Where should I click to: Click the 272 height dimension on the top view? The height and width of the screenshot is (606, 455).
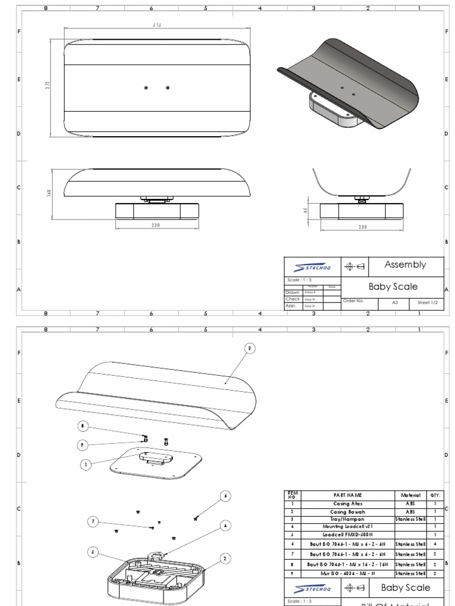click(48, 85)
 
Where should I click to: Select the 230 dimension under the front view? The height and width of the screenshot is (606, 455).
click(156, 225)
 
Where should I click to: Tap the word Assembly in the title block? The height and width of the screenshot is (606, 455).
click(405, 265)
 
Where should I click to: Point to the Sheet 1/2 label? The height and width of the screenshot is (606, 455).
click(430, 302)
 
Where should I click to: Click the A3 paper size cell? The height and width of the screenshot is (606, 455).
click(395, 302)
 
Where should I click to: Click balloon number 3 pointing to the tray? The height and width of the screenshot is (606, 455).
click(249, 349)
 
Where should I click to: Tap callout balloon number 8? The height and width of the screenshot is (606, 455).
click(84, 426)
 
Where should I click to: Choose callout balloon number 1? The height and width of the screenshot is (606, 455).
click(86, 465)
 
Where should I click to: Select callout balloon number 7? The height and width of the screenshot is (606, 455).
click(92, 521)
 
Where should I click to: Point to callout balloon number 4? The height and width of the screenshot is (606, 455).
click(225, 525)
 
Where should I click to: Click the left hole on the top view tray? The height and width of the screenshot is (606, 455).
click(146, 88)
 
